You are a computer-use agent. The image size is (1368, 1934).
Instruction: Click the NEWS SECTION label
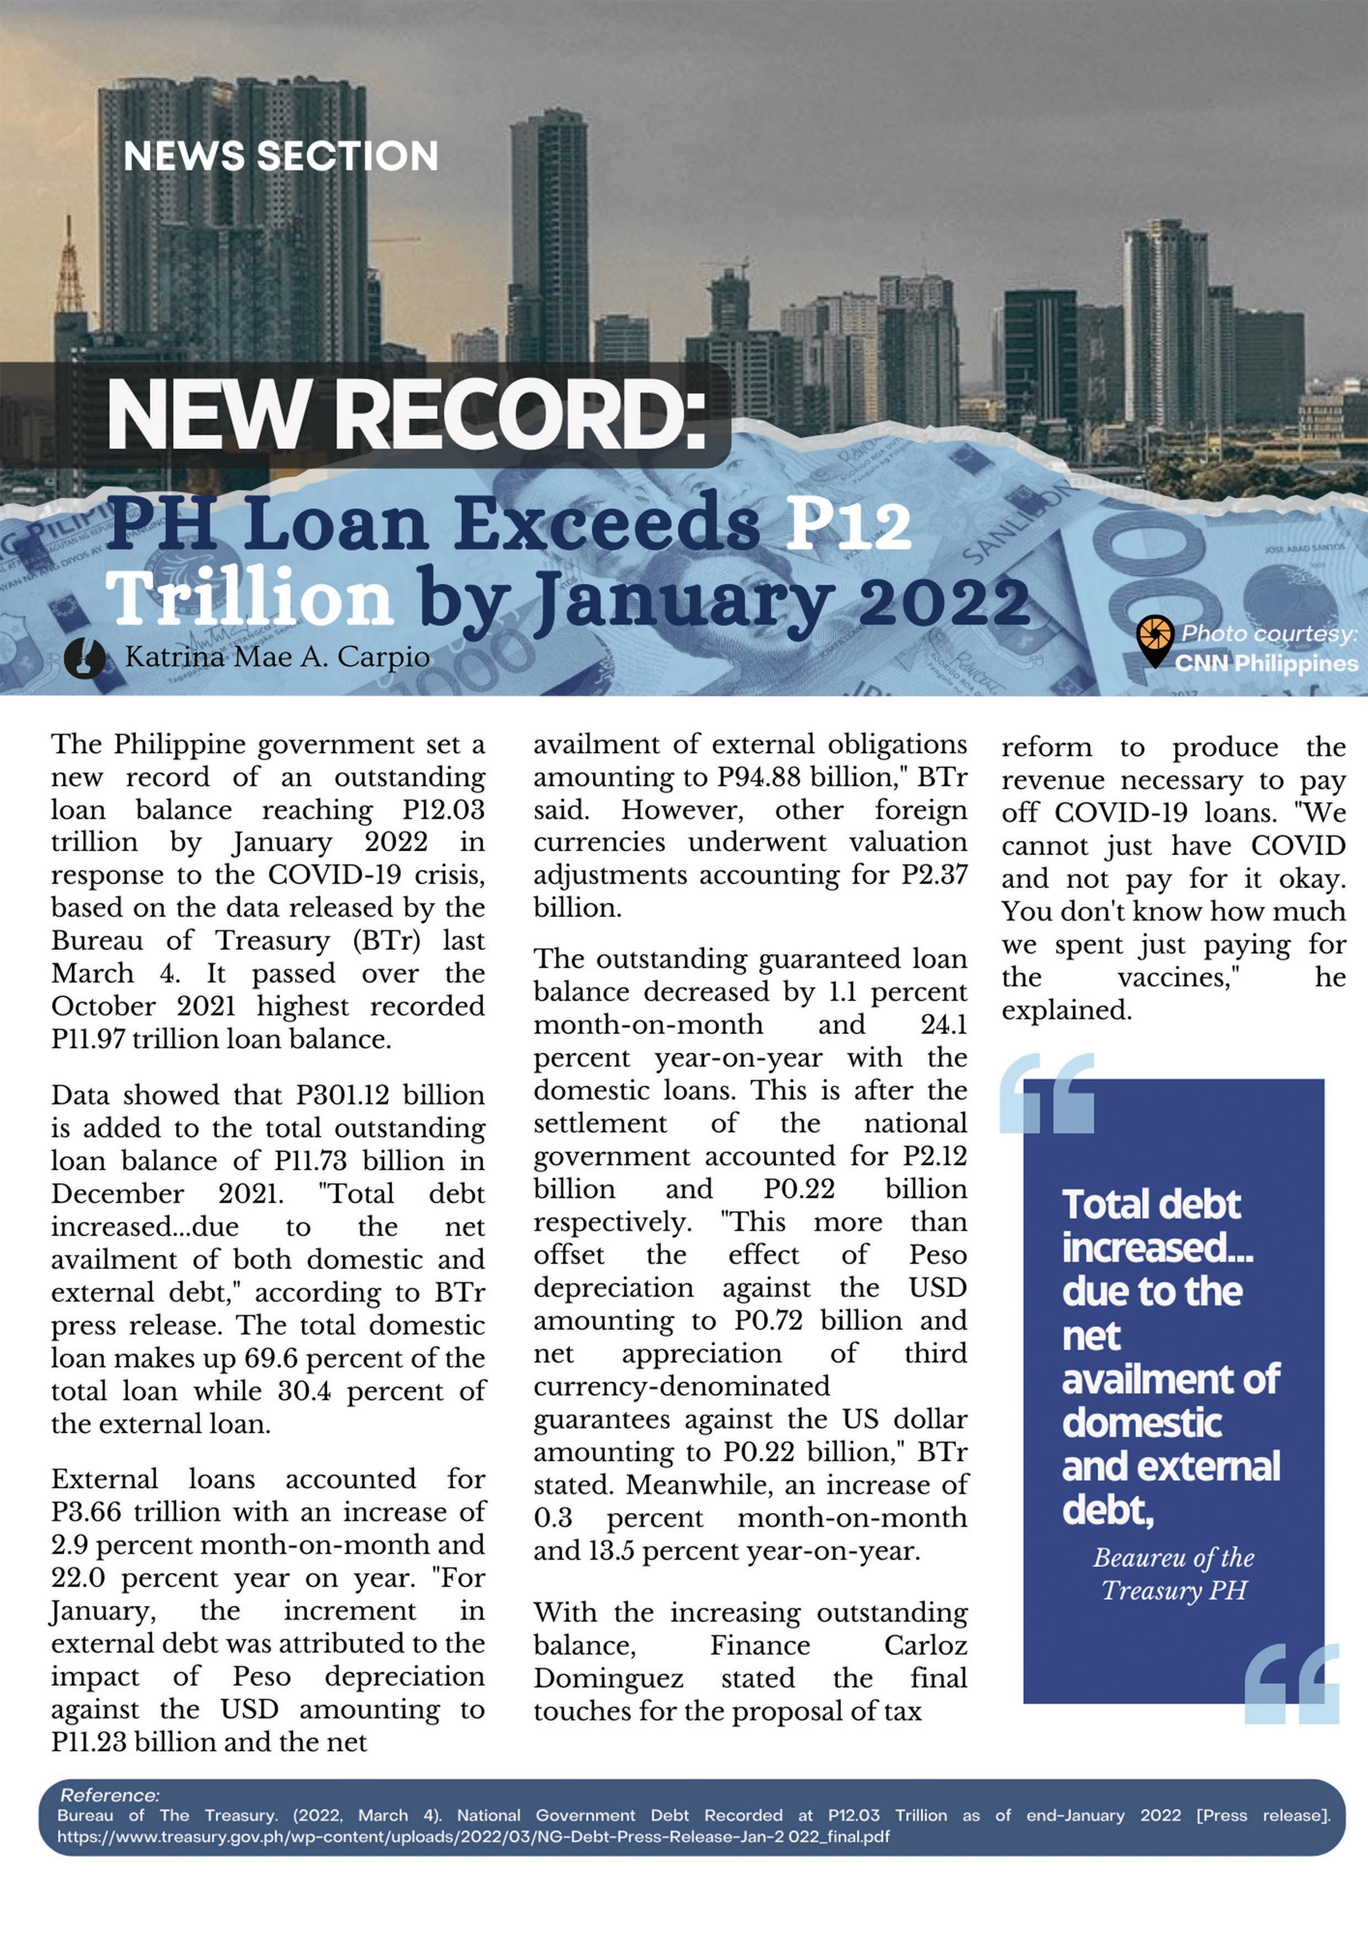(281, 156)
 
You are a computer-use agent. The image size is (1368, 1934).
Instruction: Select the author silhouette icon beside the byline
(85, 657)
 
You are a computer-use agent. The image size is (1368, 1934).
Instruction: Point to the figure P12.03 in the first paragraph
(443, 809)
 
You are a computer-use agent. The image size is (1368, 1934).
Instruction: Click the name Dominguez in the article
(608, 1678)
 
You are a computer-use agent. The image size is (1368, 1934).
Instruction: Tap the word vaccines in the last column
(1178, 977)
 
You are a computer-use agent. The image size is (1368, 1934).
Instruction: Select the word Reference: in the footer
(110, 1795)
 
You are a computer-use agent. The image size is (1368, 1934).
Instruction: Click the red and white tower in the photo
(68, 270)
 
